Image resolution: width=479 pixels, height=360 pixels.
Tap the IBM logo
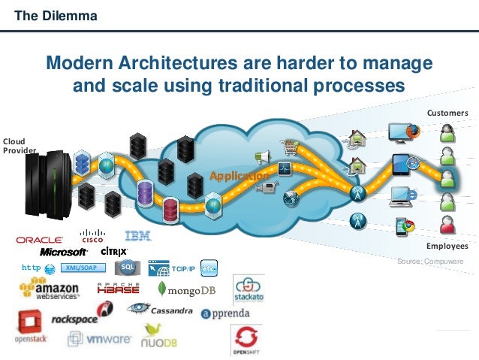coord(139,236)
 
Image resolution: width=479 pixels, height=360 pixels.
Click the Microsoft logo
coord(64,253)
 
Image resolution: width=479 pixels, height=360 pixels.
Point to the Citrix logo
coord(114,251)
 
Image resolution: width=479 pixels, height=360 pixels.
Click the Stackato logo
coord(248,290)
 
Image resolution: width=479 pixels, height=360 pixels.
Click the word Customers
coord(447,113)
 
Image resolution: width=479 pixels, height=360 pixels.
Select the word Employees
coord(447,246)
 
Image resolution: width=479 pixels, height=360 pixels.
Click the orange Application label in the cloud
coord(239,176)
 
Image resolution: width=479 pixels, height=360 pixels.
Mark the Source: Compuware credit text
coord(430,261)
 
